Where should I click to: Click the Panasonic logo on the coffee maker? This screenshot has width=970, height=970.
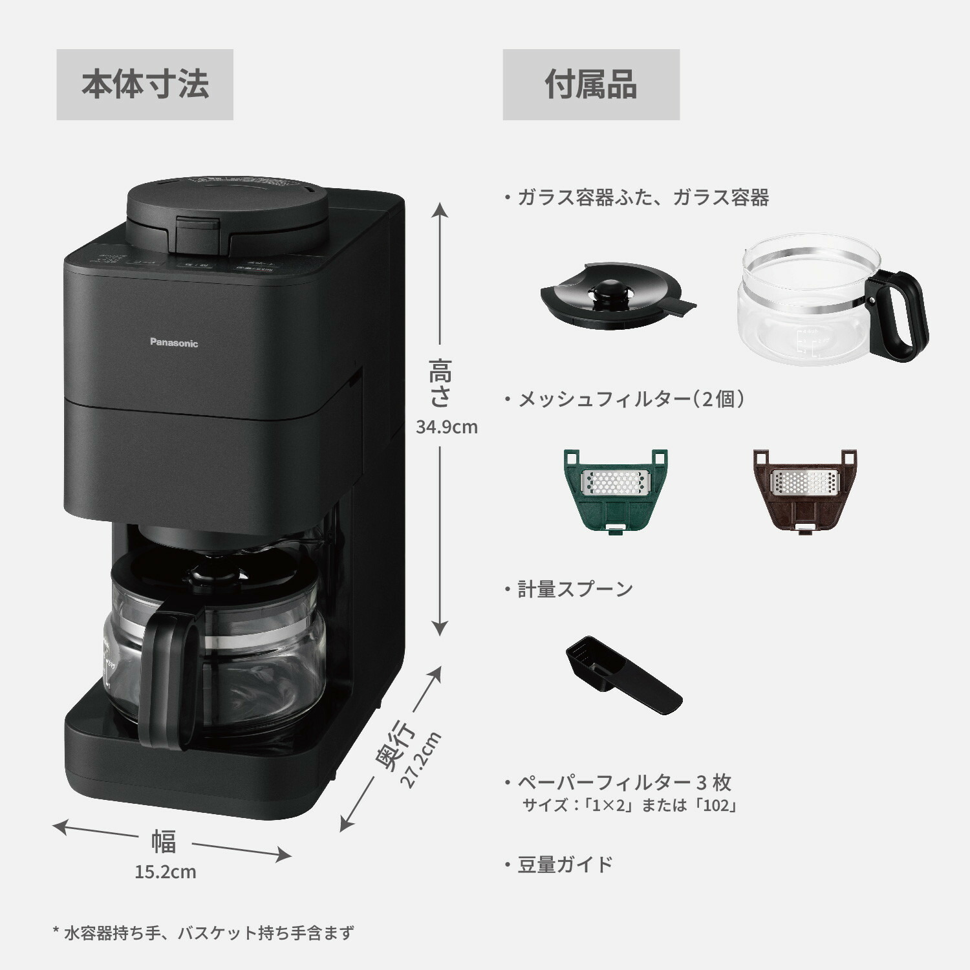(174, 343)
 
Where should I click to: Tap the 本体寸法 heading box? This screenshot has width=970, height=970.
(145, 85)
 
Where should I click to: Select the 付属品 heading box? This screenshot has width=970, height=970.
(591, 85)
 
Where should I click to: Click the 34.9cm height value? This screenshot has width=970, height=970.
(446, 427)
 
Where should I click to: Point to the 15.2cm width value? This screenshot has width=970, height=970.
(166, 872)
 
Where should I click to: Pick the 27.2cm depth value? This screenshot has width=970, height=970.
(421, 759)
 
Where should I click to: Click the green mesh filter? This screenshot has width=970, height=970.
(614, 489)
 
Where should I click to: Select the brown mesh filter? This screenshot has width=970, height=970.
(804, 489)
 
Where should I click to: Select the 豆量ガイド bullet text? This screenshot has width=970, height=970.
(565, 865)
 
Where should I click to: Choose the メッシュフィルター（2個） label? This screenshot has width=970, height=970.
(631, 399)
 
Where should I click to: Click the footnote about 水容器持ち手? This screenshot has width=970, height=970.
(203, 933)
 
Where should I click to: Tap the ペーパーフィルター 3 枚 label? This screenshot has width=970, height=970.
(624, 782)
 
